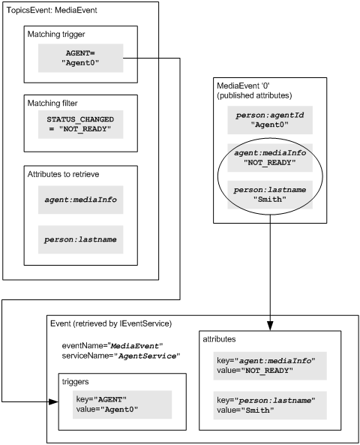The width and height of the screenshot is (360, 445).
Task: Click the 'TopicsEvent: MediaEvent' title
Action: click(x=52, y=11)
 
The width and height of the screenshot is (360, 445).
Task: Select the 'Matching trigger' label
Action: click(x=56, y=35)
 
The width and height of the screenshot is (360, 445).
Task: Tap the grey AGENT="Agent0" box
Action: click(x=81, y=59)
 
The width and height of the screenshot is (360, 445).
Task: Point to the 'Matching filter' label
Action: click(x=52, y=103)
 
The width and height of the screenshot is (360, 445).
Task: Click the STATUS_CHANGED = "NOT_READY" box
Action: click(x=81, y=125)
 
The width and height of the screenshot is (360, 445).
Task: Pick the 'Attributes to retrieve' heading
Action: click(x=63, y=174)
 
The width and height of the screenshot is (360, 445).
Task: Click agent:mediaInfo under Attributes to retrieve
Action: click(x=81, y=200)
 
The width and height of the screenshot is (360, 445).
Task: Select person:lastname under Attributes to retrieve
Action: click(x=81, y=239)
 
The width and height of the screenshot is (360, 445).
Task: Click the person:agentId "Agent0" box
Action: click(x=270, y=120)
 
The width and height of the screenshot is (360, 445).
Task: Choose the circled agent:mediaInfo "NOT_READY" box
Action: click(x=270, y=158)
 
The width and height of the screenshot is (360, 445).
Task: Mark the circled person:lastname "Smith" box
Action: click(x=270, y=194)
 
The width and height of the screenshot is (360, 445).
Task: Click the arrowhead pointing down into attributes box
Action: click(x=270, y=326)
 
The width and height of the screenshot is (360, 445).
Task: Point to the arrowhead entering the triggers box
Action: click(x=53, y=402)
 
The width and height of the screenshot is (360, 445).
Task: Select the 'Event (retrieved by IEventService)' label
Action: click(x=111, y=323)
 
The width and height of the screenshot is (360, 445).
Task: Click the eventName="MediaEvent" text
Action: click(x=112, y=346)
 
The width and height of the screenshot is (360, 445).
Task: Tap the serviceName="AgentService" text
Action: click(x=121, y=356)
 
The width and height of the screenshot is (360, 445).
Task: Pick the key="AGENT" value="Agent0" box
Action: click(x=122, y=404)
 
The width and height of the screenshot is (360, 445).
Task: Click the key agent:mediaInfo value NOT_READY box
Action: click(x=270, y=365)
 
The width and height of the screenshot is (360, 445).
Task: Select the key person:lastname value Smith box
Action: click(x=270, y=405)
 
